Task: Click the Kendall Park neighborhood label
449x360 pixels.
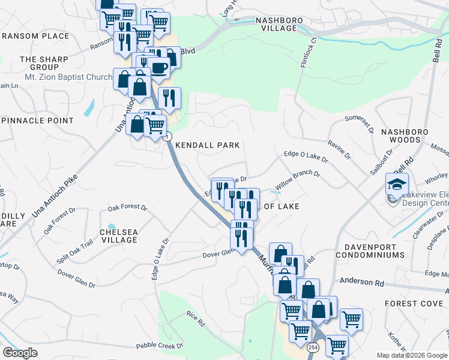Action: pyautogui.click(x=207, y=145)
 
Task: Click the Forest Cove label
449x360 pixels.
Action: pyautogui.click(x=414, y=304)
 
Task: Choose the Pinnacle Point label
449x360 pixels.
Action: pyautogui.click(x=37, y=121)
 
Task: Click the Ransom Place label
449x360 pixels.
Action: pyautogui.click(x=35, y=36)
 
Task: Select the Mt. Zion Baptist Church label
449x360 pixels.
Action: pyautogui.click(x=68, y=77)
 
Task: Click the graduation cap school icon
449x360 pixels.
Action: pyautogui.click(x=397, y=184)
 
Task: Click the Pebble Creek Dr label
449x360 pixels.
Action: pyautogui.click(x=159, y=346)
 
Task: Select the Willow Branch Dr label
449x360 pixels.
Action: pyautogui.click(x=298, y=178)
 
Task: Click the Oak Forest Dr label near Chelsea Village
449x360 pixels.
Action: pyautogui.click(x=127, y=208)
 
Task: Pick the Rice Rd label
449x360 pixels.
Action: pyautogui.click(x=196, y=319)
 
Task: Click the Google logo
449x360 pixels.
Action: pyautogui.click(x=20, y=353)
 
